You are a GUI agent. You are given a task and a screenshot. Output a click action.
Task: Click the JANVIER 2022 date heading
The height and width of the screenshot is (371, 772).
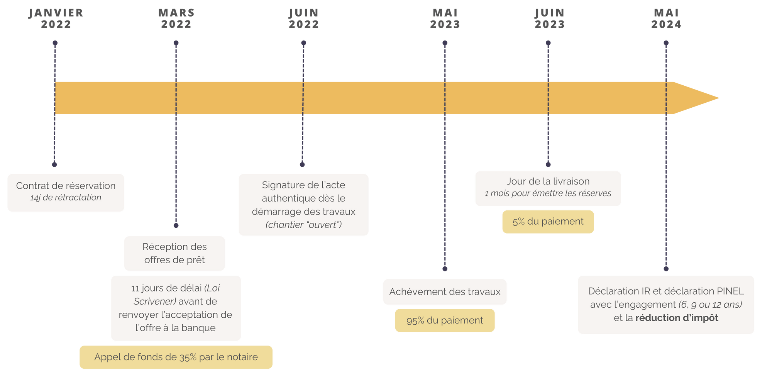[x=56, y=19]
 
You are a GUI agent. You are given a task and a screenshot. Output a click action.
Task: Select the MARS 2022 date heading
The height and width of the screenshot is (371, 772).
[x=176, y=19]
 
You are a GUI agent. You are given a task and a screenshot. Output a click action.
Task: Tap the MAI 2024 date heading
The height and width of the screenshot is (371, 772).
[x=666, y=19]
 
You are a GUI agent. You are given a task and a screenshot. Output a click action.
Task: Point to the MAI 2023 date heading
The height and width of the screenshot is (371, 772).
[x=445, y=19]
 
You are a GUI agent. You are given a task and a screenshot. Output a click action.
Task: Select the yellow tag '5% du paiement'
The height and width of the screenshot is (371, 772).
[x=548, y=222]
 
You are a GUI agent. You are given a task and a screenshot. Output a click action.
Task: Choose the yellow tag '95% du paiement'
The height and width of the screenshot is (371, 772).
[x=445, y=320]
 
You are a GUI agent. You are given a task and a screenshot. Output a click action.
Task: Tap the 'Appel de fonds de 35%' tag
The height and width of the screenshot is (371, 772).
[x=176, y=357]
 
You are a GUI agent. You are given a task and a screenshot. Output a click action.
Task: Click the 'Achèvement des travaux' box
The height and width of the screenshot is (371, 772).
[x=445, y=292]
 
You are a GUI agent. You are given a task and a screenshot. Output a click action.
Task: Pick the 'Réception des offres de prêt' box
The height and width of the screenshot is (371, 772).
[x=174, y=253]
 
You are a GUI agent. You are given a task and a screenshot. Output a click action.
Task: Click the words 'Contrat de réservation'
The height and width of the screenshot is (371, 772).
[x=66, y=186]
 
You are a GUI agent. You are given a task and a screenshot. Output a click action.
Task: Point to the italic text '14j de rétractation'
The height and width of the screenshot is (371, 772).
[x=66, y=198]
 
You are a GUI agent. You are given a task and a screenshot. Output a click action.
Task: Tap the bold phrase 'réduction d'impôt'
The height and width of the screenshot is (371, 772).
[x=677, y=318]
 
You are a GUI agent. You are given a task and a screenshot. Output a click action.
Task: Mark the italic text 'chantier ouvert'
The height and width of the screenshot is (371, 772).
[x=303, y=225]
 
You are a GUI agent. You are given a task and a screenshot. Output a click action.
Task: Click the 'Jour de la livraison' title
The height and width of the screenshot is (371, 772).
[x=548, y=181]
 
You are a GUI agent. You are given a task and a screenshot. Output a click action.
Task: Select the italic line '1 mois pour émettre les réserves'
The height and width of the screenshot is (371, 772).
[x=548, y=193]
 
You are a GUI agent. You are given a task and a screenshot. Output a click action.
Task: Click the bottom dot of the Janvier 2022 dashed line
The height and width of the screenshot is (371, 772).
[x=54, y=164]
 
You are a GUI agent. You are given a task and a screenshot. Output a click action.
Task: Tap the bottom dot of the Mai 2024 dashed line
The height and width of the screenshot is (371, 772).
[x=666, y=269]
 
